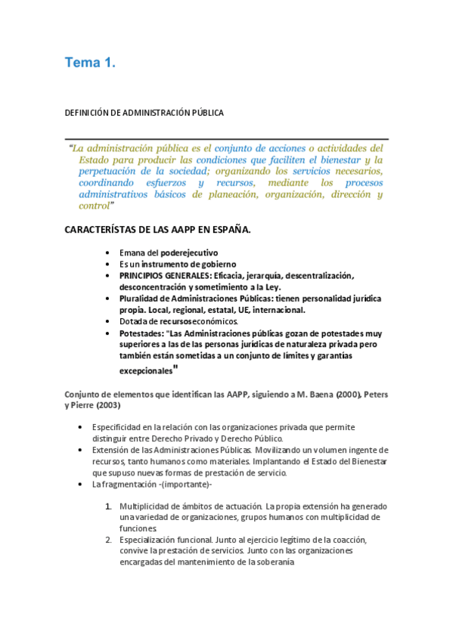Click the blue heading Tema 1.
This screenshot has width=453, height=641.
click(x=89, y=63)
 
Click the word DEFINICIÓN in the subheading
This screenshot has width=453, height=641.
click(x=86, y=113)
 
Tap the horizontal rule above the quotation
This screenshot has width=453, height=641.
click(x=226, y=140)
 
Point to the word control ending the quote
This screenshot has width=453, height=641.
click(x=94, y=205)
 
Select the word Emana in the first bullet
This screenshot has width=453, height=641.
click(x=132, y=252)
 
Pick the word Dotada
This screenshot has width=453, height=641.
click(x=134, y=321)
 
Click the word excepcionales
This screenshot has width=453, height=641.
click(x=145, y=371)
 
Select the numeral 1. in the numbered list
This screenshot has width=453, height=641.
click(x=109, y=506)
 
